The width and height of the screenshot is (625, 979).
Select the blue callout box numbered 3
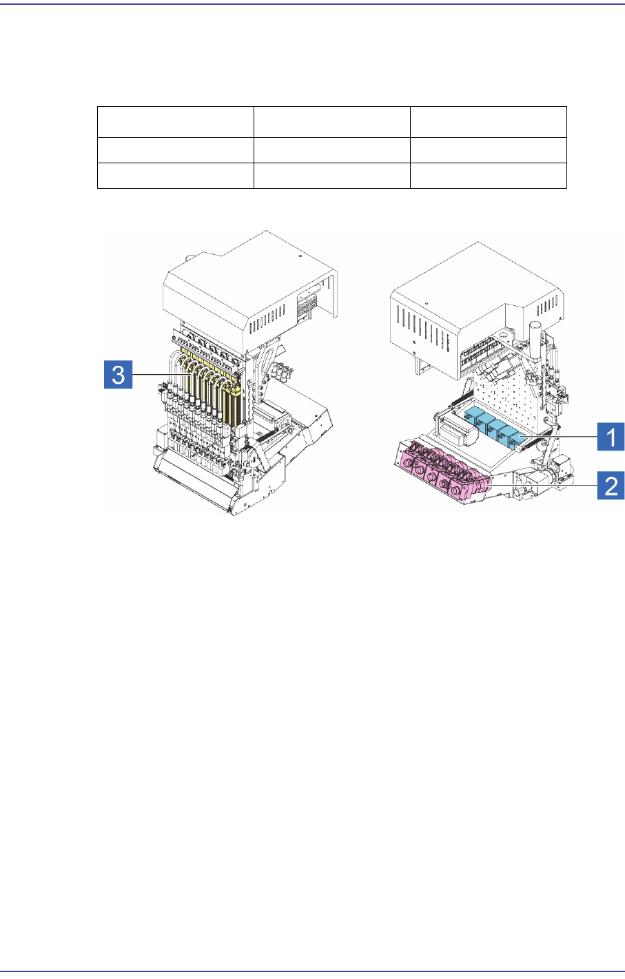pyautogui.click(x=118, y=375)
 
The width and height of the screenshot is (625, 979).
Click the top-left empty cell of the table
pyautogui.click(x=175, y=122)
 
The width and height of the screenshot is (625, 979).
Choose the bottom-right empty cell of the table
pyautogui.click(x=488, y=176)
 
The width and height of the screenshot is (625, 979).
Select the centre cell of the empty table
pyautogui.click(x=331, y=150)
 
